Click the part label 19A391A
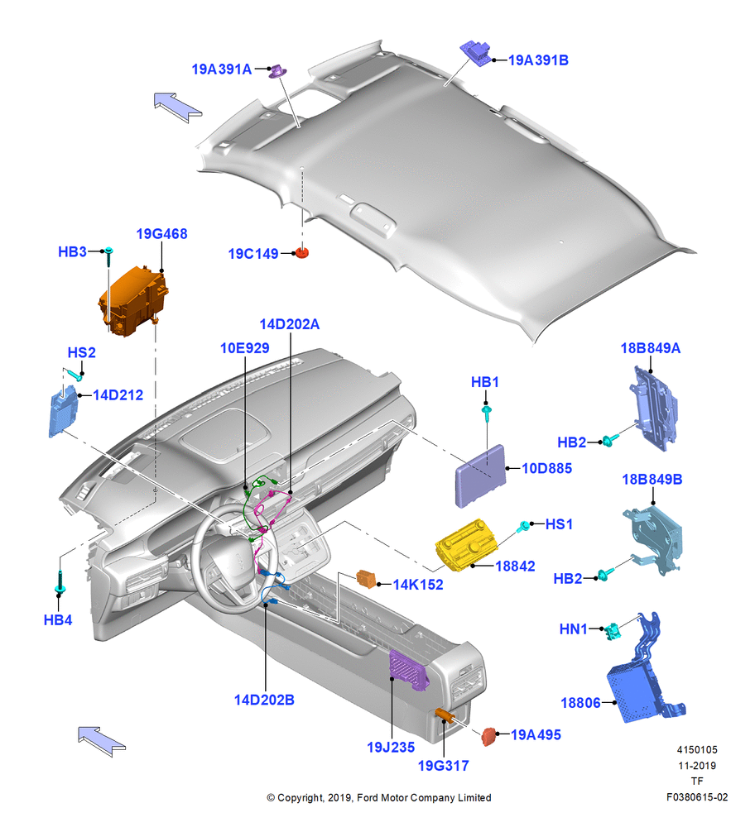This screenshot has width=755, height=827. pyautogui.click(x=221, y=69)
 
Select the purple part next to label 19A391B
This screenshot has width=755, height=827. pyautogui.click(x=476, y=53)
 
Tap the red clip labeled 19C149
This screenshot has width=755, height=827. pyautogui.click(x=301, y=252)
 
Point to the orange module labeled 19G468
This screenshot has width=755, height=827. pyautogui.click(x=132, y=301)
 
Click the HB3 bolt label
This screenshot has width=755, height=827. pyautogui.click(x=72, y=251)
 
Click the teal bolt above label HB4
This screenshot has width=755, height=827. pyautogui.click(x=59, y=581)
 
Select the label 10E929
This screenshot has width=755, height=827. pyautogui.click(x=244, y=348)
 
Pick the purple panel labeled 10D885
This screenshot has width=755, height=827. pyautogui.click(x=480, y=476)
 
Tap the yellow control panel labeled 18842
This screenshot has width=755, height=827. pyautogui.click(x=466, y=544)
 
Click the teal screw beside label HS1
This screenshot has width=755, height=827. pyautogui.click(x=524, y=526)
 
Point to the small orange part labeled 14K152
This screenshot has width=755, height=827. pyautogui.click(x=367, y=579)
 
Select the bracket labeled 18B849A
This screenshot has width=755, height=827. pyautogui.click(x=653, y=409)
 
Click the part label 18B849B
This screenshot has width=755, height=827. pyautogui.click(x=652, y=480)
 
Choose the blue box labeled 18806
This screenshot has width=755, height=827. pyautogui.click(x=632, y=692)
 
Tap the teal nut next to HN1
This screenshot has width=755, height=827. pyautogui.click(x=613, y=631)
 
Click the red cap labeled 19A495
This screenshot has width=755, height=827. pyautogui.click(x=489, y=736)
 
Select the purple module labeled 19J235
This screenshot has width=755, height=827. pyautogui.click(x=407, y=669)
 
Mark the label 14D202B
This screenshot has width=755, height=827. pyautogui.click(x=264, y=700)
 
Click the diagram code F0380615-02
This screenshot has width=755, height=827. pyautogui.click(x=697, y=797)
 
